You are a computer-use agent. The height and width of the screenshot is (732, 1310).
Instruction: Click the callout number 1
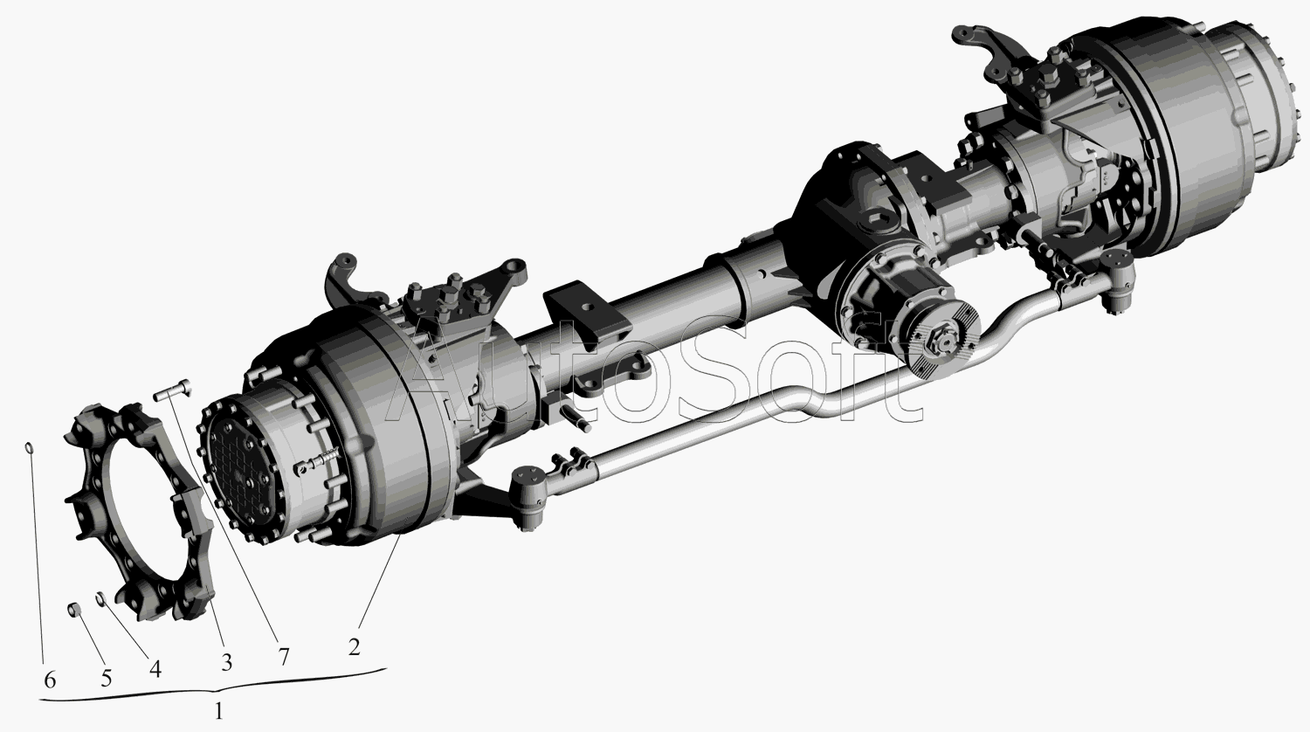(218, 712)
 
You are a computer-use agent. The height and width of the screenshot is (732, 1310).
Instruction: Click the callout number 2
(354, 647)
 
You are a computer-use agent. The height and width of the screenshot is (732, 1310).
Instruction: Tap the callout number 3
(226, 662)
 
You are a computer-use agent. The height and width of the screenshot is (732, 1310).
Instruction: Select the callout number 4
(155, 669)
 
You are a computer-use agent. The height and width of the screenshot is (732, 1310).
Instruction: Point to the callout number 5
(106, 678)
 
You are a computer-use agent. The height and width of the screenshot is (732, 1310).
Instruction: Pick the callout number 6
(50, 680)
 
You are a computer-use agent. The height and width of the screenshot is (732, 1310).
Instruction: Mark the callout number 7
(284, 657)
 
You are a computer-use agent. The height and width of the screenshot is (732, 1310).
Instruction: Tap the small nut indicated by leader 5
(73, 611)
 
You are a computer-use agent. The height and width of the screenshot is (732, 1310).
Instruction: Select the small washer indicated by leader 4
(100, 598)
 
